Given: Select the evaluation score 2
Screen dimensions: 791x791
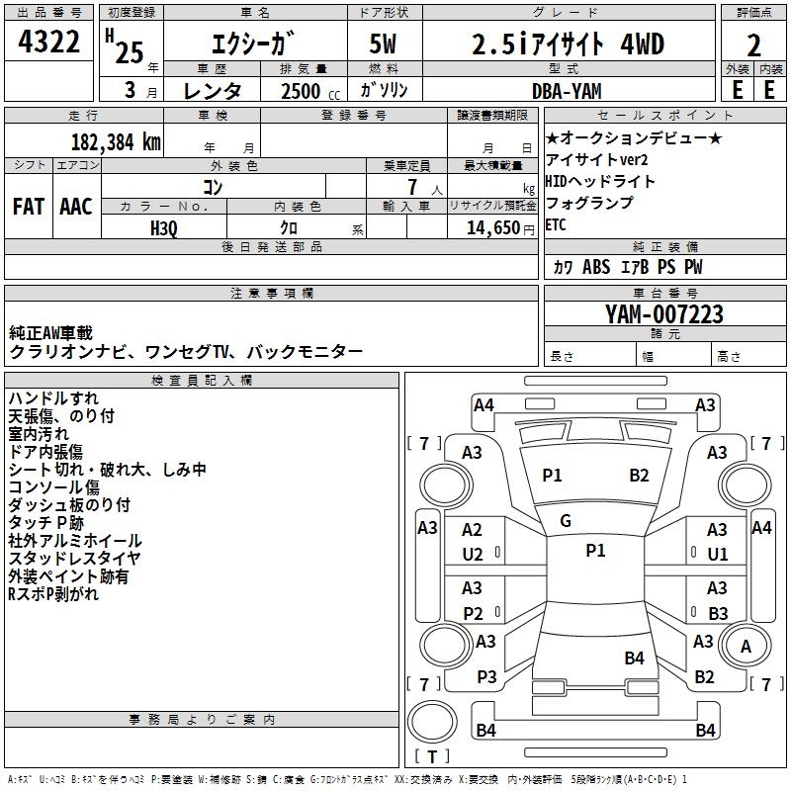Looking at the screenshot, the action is [753, 45].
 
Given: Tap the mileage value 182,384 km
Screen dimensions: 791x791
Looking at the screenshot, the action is [116, 141].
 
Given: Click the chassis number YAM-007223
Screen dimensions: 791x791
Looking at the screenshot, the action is [664, 314].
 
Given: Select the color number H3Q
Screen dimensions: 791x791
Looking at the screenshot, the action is [164, 226].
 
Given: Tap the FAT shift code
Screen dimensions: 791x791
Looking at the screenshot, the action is [28, 206].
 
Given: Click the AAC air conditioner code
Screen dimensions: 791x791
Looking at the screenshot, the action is [75, 206].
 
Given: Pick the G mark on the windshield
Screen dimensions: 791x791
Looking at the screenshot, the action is [566, 520].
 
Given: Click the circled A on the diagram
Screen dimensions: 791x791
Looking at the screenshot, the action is [746, 646].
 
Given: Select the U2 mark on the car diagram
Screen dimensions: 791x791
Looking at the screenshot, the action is [473, 554].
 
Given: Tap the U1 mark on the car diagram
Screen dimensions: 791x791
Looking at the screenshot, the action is [717, 554].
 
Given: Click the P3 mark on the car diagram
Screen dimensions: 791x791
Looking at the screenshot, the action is [485, 676].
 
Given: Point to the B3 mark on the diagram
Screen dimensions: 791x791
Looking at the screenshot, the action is [718, 613].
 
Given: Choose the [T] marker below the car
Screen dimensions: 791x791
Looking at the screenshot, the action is [431, 756].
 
